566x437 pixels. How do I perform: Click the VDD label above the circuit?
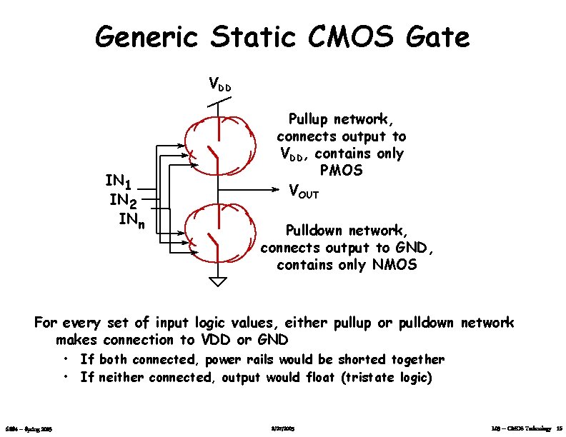219,85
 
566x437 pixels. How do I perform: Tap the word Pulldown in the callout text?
317,231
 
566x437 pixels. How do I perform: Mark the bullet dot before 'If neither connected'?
65,376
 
